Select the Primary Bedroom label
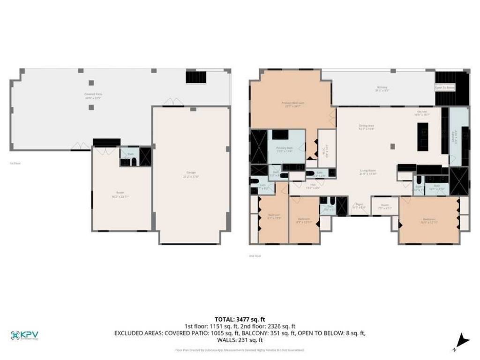[293, 104]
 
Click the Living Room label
[368, 172]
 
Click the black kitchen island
[422, 136]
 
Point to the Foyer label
[359, 205]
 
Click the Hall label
[313, 186]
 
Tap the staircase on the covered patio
[195, 76]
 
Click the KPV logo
[24, 335]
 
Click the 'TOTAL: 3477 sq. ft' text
[240, 319]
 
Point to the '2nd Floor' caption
[255, 256]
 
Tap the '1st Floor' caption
[15, 163]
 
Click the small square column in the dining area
[392, 146]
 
